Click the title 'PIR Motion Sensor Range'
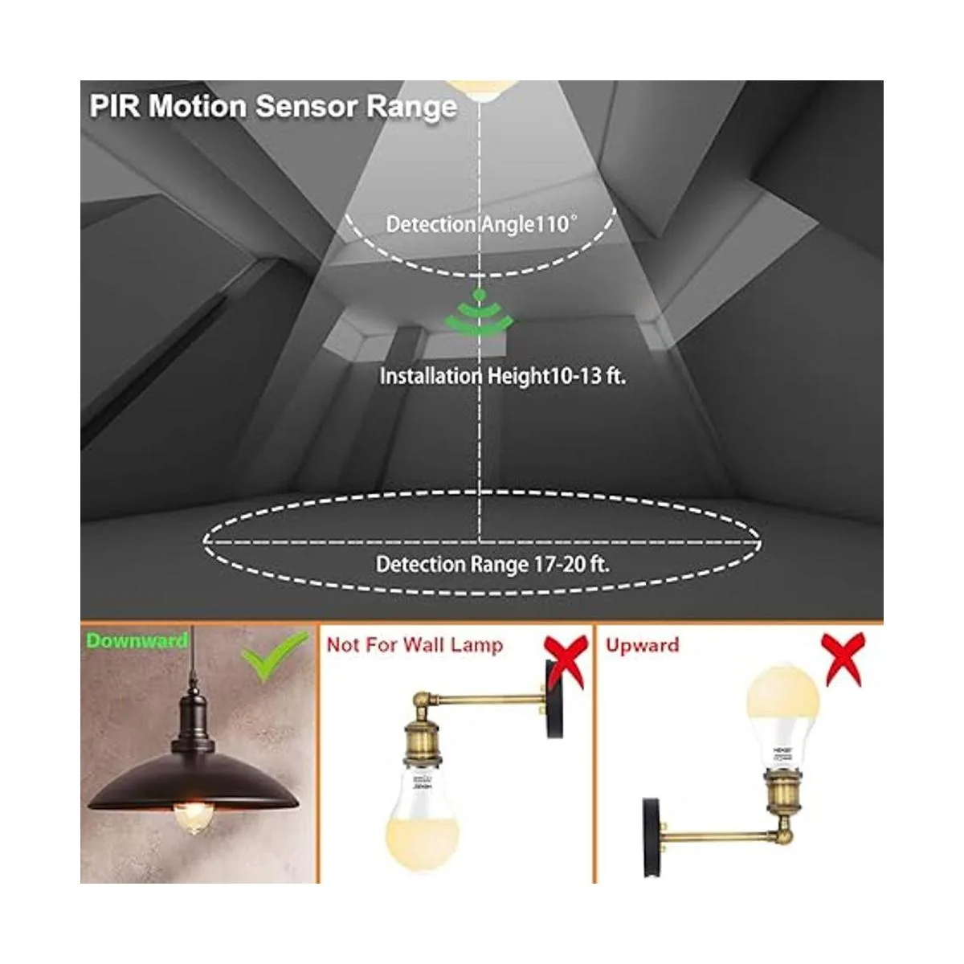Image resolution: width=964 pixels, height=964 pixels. (273, 106)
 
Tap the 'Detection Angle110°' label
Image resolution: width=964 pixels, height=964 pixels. (481, 223)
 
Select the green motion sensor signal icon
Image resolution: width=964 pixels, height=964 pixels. (480, 317)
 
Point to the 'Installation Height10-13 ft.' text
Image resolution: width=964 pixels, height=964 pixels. (502, 375)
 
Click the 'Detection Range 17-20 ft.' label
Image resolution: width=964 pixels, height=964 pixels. (492, 564)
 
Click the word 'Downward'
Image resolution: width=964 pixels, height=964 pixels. (137, 640)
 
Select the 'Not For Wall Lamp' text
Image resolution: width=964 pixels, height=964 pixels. (415, 645)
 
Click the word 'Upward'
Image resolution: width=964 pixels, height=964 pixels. (643, 645)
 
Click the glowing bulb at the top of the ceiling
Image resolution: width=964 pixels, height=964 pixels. (480, 87)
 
